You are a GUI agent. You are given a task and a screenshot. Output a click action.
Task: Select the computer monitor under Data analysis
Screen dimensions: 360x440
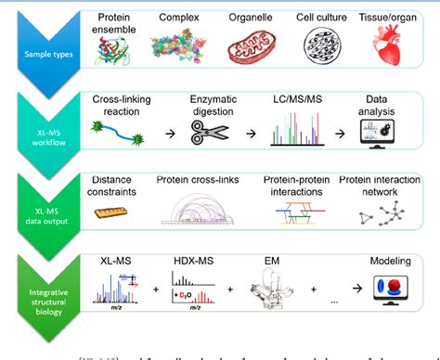382,135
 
